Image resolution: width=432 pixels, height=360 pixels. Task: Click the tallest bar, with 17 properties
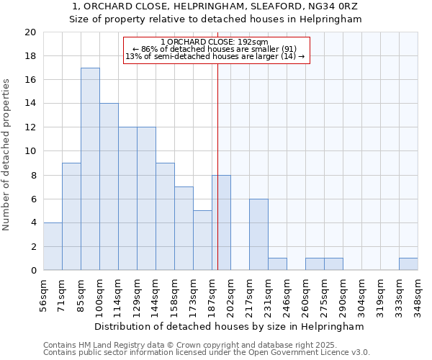(90, 169)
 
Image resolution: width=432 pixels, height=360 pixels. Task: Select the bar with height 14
(109, 187)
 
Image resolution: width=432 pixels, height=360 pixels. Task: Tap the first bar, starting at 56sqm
(53, 246)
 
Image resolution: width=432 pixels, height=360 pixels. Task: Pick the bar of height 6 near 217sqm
(258, 235)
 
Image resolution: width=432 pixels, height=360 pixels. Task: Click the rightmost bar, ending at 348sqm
(408, 264)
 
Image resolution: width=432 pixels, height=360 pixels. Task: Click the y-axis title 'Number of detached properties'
(7, 151)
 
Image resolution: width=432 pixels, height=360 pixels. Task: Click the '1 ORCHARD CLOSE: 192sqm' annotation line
(215, 42)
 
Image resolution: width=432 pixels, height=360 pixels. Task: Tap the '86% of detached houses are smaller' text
(215, 49)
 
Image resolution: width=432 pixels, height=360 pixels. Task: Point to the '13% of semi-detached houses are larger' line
(215, 56)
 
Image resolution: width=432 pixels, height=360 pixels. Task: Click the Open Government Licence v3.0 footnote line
(207, 353)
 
